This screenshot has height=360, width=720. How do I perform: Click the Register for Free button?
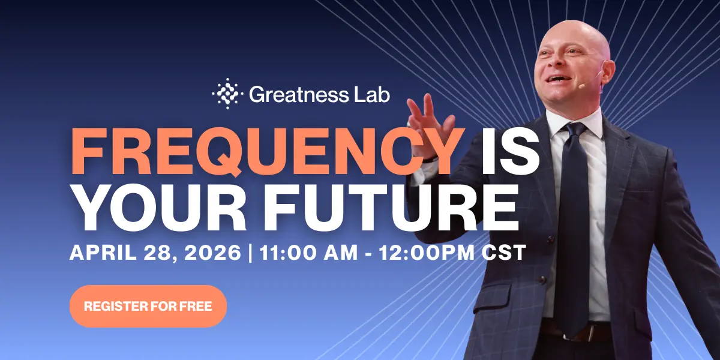[x=148, y=306]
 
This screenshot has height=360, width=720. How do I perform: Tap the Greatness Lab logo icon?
[x=226, y=94]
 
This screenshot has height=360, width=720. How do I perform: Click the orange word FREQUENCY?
[x=267, y=151]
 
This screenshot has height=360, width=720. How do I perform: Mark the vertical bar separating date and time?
[x=250, y=252]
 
